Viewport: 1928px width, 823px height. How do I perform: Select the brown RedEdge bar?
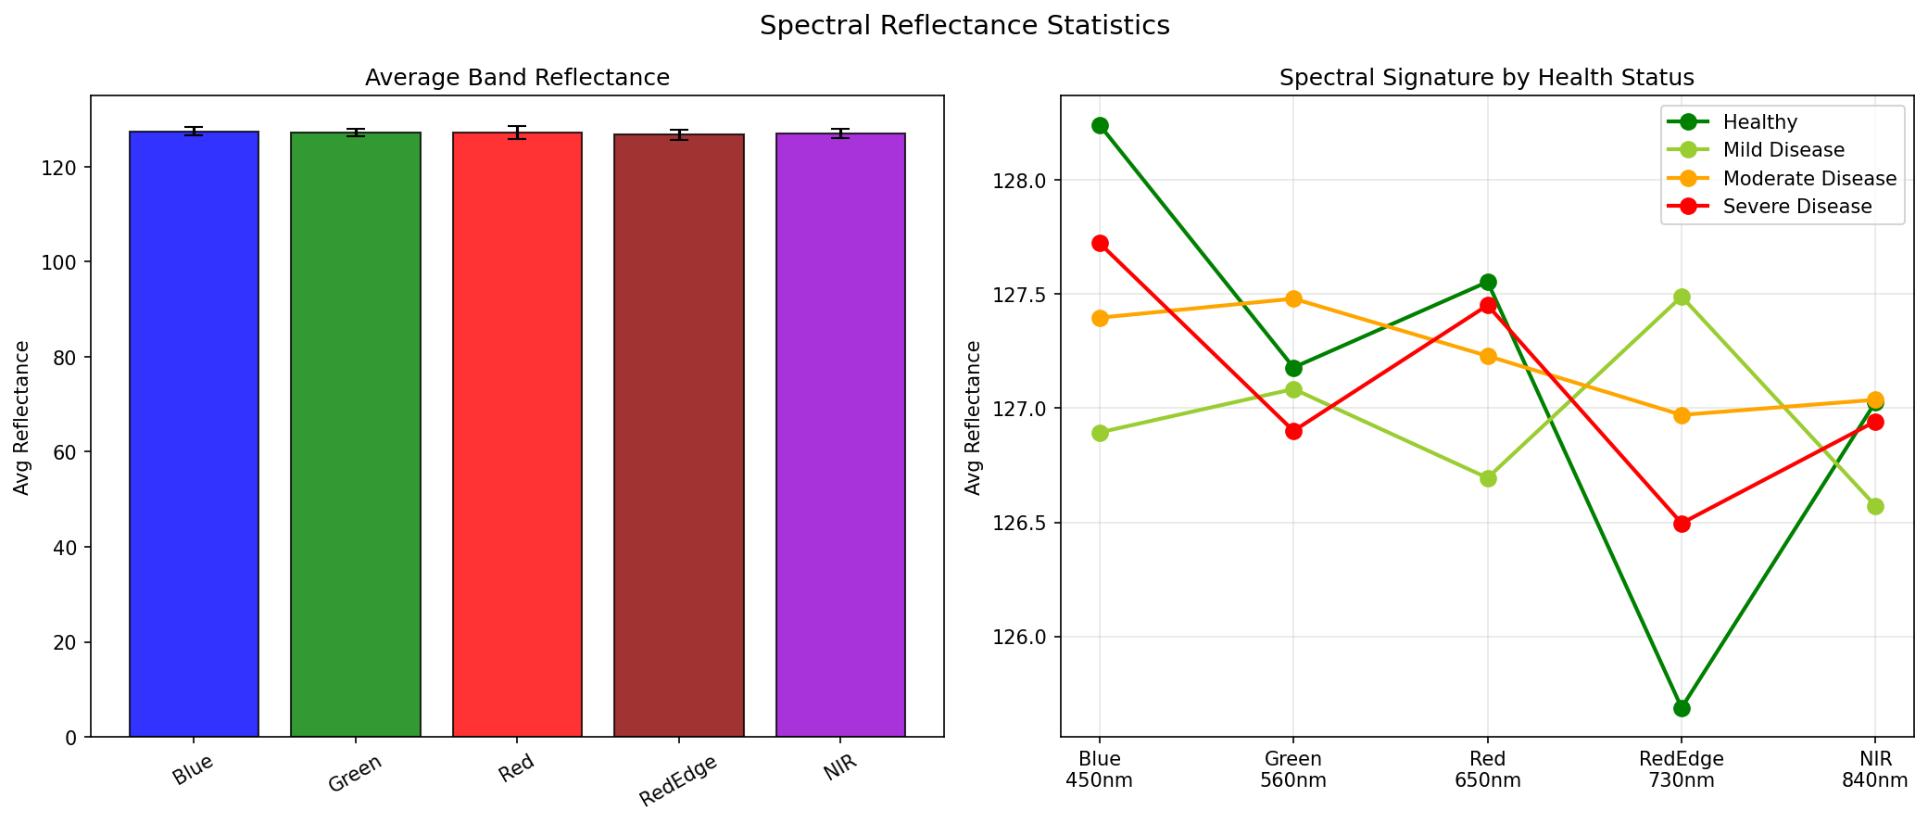tap(678, 436)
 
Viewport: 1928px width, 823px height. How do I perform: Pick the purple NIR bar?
tap(840, 435)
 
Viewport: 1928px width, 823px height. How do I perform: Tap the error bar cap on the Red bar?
tap(517, 127)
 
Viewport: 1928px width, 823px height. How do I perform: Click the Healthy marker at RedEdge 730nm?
tap(1682, 708)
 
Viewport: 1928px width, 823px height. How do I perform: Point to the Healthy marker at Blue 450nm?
tap(1100, 125)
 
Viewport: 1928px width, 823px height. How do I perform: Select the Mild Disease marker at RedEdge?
tap(1682, 297)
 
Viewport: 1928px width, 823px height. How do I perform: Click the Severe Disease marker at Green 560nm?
tap(1293, 431)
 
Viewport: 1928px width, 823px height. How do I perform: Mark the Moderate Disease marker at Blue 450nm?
tap(1100, 318)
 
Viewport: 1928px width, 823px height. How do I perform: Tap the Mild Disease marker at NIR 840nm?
tap(1875, 506)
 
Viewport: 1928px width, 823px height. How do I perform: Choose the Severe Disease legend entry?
tap(1796, 207)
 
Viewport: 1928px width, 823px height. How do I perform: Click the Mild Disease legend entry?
tap(1783, 150)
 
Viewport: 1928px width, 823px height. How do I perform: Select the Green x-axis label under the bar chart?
tap(355, 771)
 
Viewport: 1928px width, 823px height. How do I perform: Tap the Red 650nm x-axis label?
tap(1487, 769)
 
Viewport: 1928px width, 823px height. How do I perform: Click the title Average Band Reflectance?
tap(517, 78)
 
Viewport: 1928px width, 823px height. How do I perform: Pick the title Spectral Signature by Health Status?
tap(1486, 78)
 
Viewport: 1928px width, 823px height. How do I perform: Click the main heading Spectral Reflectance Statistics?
tap(964, 26)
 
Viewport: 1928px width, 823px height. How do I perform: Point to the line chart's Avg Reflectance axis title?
tap(974, 417)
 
